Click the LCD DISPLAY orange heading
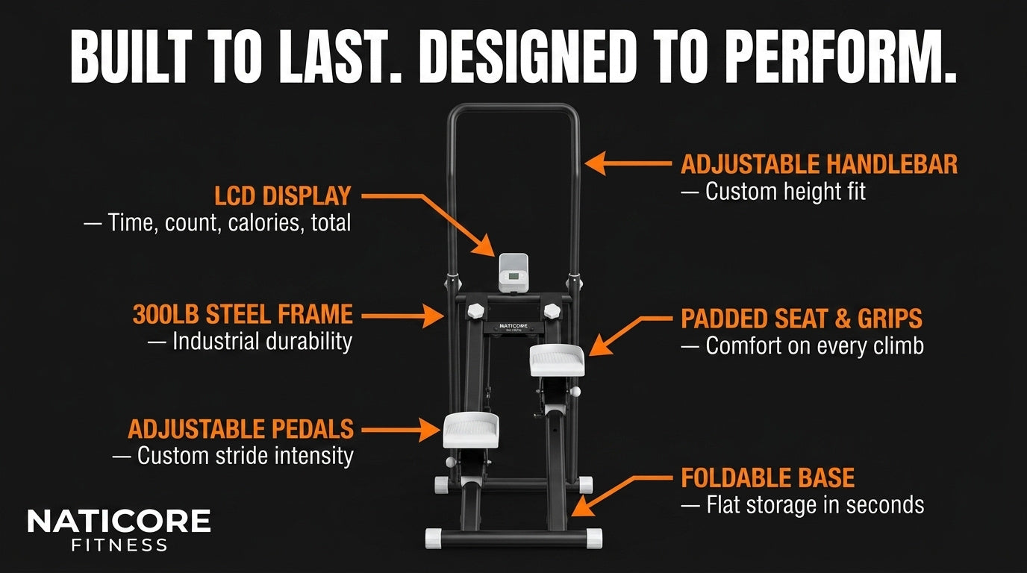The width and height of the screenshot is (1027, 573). point(282,196)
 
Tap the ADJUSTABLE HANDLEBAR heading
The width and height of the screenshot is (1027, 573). point(819,164)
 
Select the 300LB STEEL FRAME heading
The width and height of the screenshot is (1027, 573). point(243,314)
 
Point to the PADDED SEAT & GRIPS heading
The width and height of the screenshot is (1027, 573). point(801,319)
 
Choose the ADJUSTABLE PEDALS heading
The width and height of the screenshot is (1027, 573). point(240,429)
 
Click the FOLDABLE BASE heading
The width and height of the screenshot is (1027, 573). point(767,477)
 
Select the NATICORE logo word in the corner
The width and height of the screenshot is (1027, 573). point(119,521)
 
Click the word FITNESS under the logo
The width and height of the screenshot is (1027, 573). point(119,545)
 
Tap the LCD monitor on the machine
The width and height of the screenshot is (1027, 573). point(513,274)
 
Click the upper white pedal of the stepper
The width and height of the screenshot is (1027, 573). point(557,360)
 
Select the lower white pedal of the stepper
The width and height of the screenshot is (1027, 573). point(471,430)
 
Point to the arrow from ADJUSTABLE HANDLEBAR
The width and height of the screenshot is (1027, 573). point(628,163)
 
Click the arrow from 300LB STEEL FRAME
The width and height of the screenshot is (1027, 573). point(402,316)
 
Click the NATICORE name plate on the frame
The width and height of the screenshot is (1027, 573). point(513,328)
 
